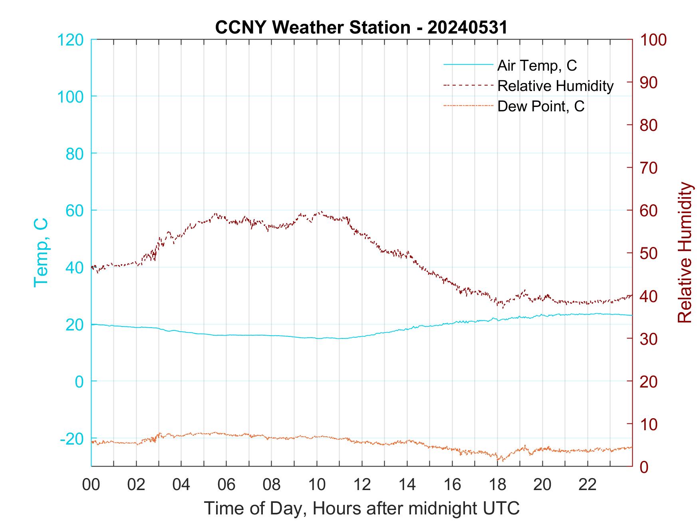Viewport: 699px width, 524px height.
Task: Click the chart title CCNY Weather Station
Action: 361,28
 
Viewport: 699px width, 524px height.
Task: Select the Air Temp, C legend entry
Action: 537,65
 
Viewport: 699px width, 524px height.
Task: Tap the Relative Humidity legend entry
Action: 555,86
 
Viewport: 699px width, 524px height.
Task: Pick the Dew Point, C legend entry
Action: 541,107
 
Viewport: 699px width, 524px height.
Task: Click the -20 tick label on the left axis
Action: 72,439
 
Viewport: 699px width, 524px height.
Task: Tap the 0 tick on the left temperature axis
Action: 79,382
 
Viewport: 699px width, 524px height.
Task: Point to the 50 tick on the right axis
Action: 649,253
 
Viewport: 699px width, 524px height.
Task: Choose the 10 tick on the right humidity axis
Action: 649,424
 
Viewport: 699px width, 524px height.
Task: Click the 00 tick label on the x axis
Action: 91,484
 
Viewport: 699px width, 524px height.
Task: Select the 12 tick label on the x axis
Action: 362,484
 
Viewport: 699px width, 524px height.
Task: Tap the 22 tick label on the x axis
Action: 588,484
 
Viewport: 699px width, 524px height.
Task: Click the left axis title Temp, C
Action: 41,252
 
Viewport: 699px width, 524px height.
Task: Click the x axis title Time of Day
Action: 362,508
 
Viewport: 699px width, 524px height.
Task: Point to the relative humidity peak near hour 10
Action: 321,212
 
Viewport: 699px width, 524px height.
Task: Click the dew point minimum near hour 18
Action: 498,460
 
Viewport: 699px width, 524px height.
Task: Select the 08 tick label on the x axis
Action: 272,484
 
